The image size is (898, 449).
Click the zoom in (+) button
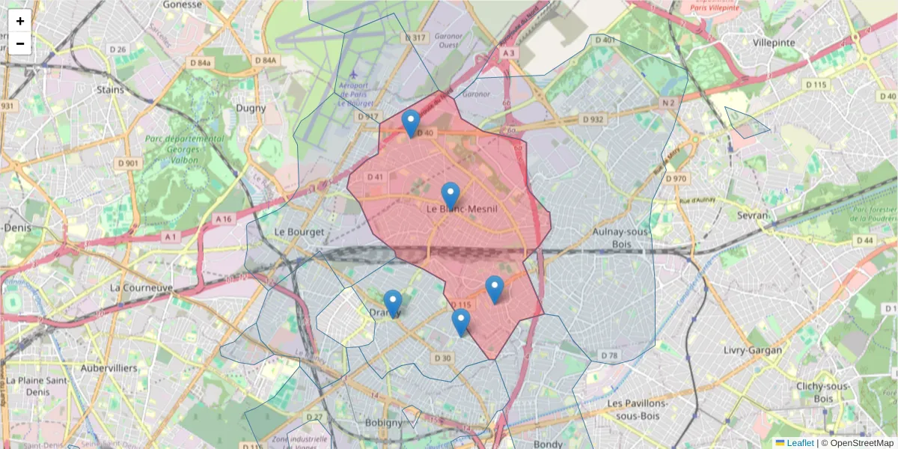coord(20,21)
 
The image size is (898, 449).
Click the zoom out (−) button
coord(20,43)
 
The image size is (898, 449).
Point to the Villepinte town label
coord(775,43)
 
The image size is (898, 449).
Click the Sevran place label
coord(752,216)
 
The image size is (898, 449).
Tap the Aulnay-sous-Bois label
coord(620,238)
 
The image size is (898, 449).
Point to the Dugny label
coord(251,108)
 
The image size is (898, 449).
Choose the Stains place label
coord(111,90)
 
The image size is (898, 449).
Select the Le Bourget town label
coord(299,232)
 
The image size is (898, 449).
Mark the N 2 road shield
coord(668,103)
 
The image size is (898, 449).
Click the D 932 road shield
coord(592,120)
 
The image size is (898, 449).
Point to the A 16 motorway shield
coord(223,219)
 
